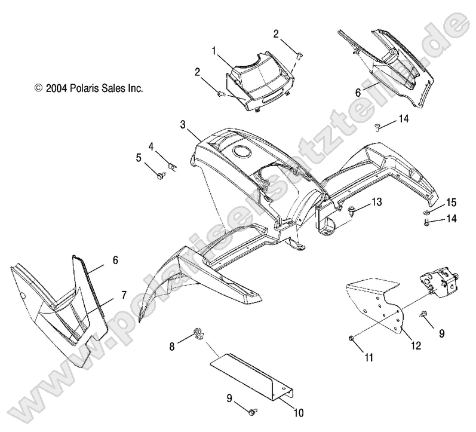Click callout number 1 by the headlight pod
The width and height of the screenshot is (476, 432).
[x=214, y=51]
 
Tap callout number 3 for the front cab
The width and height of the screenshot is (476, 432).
[x=183, y=124]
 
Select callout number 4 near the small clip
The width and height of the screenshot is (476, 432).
[x=151, y=147]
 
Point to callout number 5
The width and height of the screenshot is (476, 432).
[x=139, y=158]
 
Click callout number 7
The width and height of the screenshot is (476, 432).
[x=124, y=295]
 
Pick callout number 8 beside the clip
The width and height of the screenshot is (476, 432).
[x=172, y=347]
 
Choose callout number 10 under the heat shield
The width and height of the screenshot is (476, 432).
[x=299, y=412]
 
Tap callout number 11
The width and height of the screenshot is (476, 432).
[x=368, y=357]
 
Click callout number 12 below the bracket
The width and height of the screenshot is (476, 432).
[x=416, y=345]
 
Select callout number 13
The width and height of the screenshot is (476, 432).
[x=377, y=202]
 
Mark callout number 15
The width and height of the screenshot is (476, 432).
[x=452, y=203]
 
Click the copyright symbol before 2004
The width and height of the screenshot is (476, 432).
[x=38, y=88]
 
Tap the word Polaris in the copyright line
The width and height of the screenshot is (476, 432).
[x=82, y=88]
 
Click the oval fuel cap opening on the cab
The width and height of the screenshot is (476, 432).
[x=242, y=151]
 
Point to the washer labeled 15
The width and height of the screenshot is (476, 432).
[x=426, y=212]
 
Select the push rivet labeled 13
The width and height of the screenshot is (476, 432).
[x=352, y=210]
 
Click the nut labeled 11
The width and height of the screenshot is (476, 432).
[x=351, y=338]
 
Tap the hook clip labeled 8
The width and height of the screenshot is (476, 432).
[x=199, y=334]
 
